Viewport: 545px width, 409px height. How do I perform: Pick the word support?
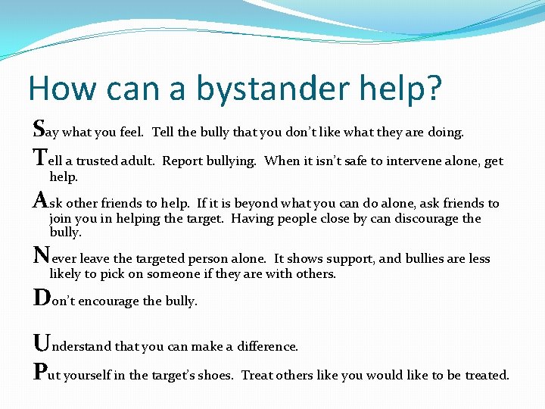(348, 259)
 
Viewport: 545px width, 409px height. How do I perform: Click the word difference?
(266, 347)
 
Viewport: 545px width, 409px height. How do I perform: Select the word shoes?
(215, 376)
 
